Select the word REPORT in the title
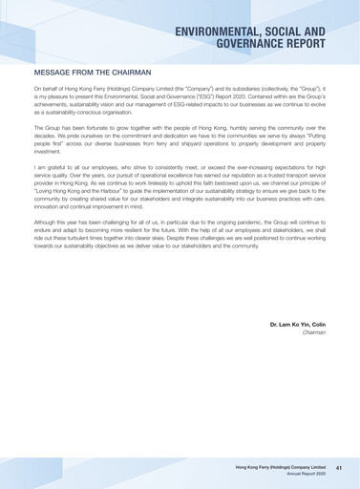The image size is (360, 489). pyautogui.click(x=303, y=44)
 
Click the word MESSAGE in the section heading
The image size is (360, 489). pyautogui.click(x=56, y=72)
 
